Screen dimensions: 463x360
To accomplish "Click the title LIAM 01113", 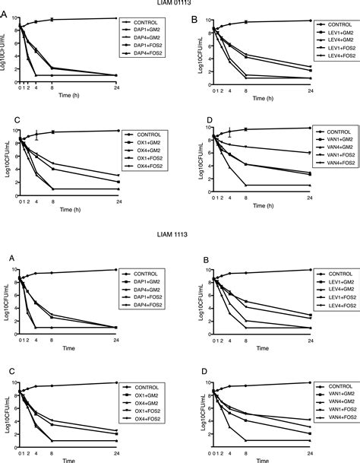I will [179, 4].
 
